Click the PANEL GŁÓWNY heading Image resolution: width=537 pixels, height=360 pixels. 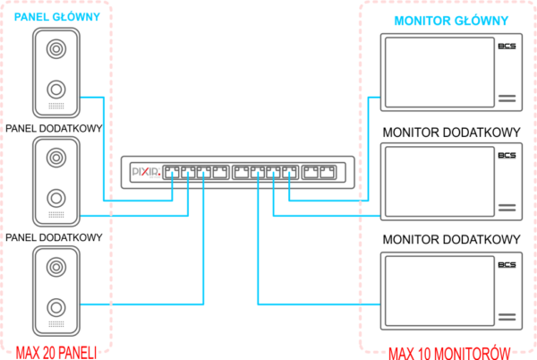[x=53, y=15]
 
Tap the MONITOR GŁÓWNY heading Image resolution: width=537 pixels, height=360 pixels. [x=451, y=21]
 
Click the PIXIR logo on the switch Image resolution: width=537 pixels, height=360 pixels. [x=144, y=171]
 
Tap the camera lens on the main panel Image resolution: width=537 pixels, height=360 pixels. [x=56, y=48]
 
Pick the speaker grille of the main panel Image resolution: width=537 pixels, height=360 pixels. [x=56, y=107]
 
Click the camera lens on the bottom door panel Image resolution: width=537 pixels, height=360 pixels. [x=56, y=267]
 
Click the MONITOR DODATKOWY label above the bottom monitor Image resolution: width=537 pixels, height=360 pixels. [x=451, y=241]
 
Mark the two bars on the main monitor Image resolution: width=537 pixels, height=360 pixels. [x=507, y=98]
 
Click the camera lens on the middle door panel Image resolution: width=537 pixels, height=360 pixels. [x=56, y=158]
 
